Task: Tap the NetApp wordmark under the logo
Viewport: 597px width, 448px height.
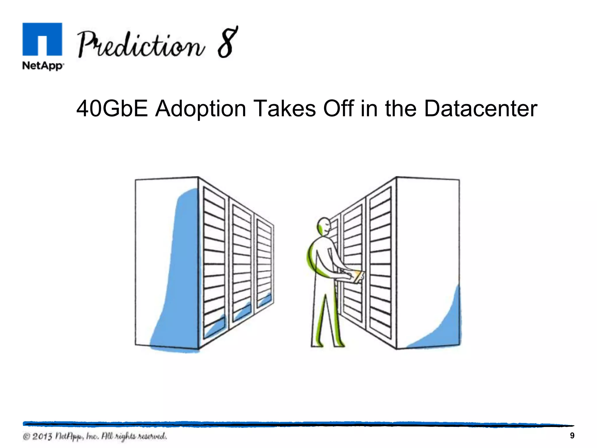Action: [x=43, y=66]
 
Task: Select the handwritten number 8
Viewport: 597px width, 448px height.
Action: [x=228, y=42]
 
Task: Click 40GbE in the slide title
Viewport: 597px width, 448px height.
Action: [x=112, y=108]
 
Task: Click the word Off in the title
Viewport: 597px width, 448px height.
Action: [x=338, y=108]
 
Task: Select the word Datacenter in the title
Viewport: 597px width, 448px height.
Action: [x=480, y=108]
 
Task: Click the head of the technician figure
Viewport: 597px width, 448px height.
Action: [x=324, y=226]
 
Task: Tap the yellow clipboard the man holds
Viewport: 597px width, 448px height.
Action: [x=358, y=277]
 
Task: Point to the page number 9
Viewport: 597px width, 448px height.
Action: [x=572, y=436]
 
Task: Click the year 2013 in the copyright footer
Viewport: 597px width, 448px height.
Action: [x=42, y=437]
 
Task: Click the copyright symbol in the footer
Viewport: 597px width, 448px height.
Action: [x=27, y=437]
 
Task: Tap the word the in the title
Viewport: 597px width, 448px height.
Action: [x=401, y=108]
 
